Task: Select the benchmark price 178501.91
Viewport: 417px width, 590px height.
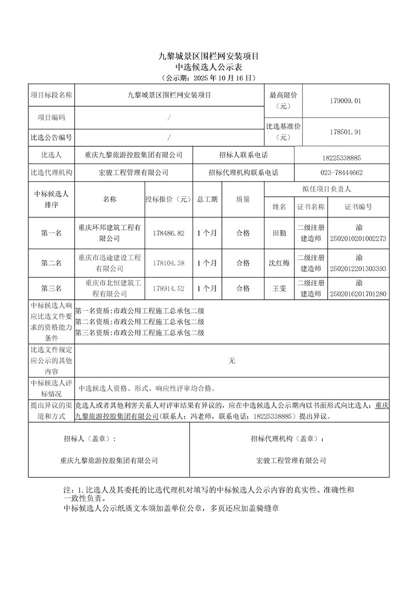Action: coord(343,132)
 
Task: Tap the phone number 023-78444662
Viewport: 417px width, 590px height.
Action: coord(341,172)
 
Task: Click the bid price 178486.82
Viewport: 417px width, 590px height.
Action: coord(168,233)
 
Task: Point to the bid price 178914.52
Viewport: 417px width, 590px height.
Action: coord(168,289)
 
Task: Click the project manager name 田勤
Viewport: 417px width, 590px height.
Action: coord(280,233)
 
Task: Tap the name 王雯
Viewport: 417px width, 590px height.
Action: coord(279,289)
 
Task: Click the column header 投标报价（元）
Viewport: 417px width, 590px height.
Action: coord(168,199)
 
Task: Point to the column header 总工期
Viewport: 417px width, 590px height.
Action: coord(207,199)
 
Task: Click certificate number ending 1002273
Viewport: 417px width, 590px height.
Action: coord(358,238)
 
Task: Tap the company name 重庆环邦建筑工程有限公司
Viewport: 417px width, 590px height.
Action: coord(109,233)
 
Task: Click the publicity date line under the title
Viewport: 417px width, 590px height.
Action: coord(209,78)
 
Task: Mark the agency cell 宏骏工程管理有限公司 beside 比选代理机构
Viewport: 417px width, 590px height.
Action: coord(133,172)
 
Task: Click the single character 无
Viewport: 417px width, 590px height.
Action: coord(232,361)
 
